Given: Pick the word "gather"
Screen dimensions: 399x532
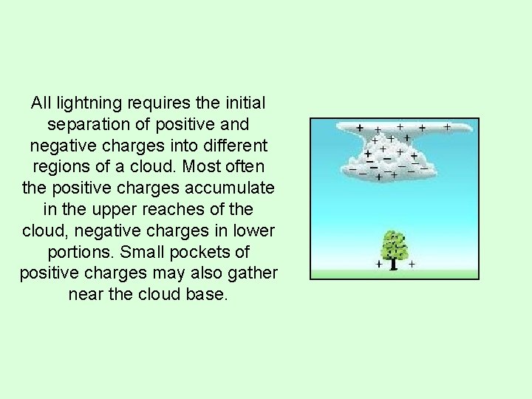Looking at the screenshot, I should click(x=251, y=273).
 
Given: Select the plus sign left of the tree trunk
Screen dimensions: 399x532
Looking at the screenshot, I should click(x=379, y=263).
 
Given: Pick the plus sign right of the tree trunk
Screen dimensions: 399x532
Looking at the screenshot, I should click(x=411, y=263).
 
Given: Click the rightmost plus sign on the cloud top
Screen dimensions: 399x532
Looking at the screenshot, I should click(x=447, y=127).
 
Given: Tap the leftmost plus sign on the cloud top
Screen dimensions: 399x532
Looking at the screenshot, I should click(x=359, y=128).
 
